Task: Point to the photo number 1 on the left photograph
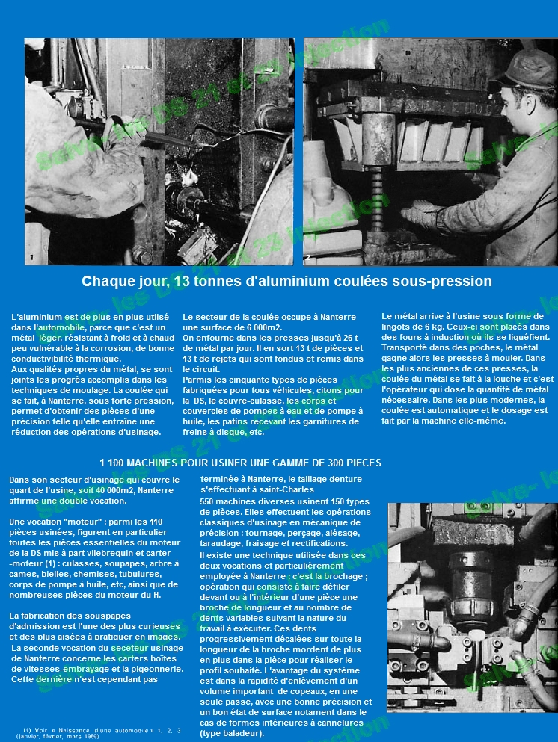(x=31, y=258)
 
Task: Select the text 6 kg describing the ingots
(x=423, y=327)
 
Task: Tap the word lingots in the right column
(x=398, y=327)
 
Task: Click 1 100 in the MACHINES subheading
(x=114, y=463)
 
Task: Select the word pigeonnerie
(x=150, y=669)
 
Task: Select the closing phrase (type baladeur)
(x=232, y=733)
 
